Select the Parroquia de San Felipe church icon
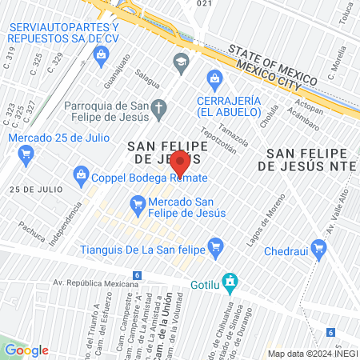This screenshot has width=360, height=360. coord(158,108)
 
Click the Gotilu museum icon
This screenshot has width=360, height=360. coord(230,281)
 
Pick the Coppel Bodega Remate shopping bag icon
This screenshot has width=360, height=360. coord(81,173)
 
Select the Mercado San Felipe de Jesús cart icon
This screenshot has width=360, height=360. coord(137,203)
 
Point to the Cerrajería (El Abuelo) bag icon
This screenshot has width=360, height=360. coord(214,78)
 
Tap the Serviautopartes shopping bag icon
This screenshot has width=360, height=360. coord(101,54)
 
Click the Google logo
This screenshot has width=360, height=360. coord(26,350)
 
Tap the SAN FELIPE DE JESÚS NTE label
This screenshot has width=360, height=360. coord(308,159)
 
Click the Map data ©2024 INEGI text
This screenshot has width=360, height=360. coord(312,353)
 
